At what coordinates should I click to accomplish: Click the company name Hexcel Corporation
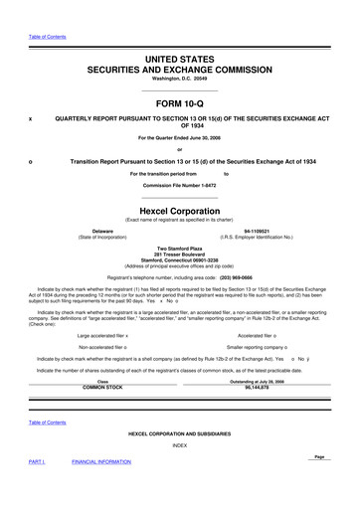179,212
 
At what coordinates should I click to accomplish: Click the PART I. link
36,489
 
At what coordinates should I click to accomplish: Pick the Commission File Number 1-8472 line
179,186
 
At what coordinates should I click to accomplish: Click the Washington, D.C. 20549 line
179,78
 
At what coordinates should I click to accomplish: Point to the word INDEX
179,444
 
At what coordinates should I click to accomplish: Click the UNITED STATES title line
179,60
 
